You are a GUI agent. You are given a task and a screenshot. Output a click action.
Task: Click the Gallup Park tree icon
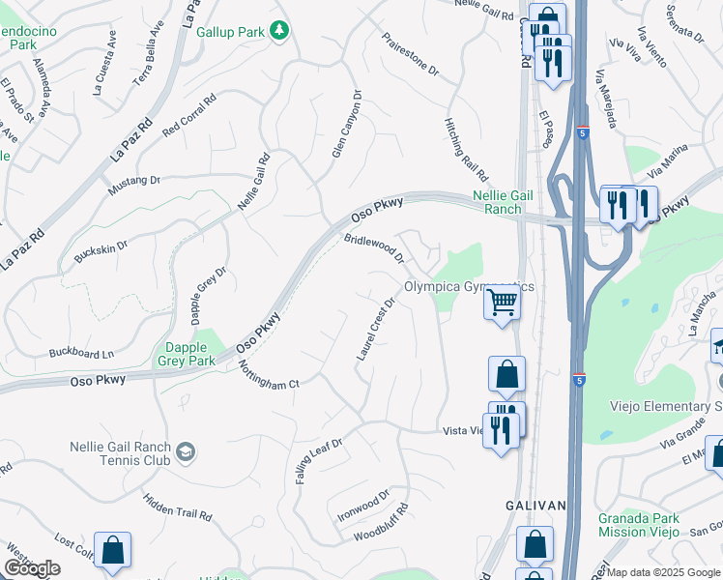pos(279,32)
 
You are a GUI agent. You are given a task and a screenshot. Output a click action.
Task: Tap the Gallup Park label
pos(230,32)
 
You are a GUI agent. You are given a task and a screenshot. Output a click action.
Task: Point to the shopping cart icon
pos(503,304)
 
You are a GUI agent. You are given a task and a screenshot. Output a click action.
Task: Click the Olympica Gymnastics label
pos(469,287)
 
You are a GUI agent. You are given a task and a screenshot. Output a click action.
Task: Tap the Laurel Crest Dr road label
pos(376,330)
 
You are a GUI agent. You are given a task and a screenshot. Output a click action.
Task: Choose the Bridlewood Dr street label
pos(373,246)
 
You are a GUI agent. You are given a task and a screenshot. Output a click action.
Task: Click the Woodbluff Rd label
pos(381,522)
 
